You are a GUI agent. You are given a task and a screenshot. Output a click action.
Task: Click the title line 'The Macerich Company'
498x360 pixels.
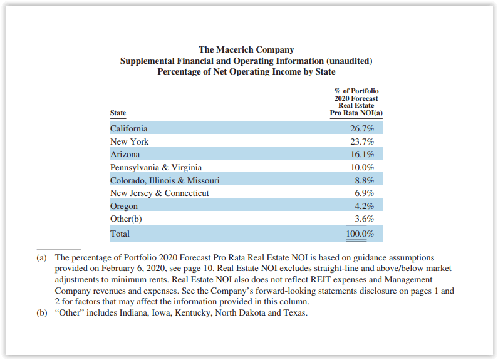tap(246, 49)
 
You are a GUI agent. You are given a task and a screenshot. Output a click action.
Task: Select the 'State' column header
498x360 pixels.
tap(118, 113)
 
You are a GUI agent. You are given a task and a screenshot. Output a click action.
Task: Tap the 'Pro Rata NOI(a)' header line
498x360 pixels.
tap(356, 113)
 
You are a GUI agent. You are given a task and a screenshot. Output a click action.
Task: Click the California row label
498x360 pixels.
tap(129, 128)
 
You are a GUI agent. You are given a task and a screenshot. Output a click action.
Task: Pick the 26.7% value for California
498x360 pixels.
tap(362, 128)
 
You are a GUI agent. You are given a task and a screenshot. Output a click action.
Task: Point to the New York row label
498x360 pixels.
tap(129, 141)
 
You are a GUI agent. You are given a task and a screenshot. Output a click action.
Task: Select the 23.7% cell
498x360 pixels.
tap(362, 141)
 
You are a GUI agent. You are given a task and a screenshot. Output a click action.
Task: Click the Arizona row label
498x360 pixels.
tap(125, 154)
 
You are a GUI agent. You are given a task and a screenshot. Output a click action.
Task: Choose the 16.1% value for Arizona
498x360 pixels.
tap(362, 154)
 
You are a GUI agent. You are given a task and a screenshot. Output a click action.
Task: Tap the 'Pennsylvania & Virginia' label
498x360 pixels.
tap(156, 167)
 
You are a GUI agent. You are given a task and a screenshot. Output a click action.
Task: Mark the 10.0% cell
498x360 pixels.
tap(362, 167)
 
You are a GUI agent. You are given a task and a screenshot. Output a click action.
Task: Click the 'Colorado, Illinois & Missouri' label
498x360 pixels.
tap(165, 180)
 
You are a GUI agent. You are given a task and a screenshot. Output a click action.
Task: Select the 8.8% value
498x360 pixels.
tap(364, 180)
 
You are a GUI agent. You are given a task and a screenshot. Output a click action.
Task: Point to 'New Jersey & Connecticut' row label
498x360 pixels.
tap(160, 193)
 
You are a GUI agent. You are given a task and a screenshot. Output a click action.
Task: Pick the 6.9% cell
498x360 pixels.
tap(364, 193)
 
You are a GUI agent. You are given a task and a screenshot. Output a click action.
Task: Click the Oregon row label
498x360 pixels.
tap(124, 206)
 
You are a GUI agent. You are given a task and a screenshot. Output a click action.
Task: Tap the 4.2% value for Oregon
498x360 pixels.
tap(364, 206)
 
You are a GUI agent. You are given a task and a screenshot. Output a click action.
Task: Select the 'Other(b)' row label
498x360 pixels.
tap(126, 219)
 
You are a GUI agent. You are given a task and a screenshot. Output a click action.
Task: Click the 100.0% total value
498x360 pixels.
tap(360, 234)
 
